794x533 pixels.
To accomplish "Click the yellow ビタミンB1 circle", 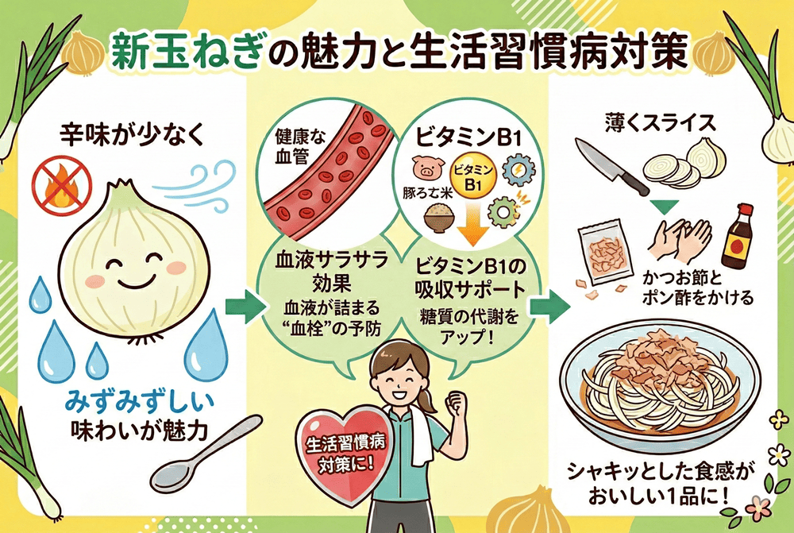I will pyautogui.click(x=472, y=176).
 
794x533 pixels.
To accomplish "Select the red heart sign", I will pyautogui.click(x=333, y=449).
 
